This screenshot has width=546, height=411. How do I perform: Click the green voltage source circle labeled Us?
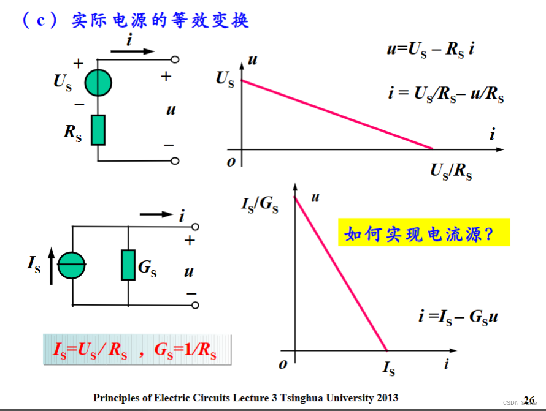pyautogui.click(x=98, y=83)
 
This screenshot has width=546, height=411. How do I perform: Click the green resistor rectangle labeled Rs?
pyautogui.click(x=98, y=130)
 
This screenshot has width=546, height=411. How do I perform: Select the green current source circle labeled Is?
pyautogui.click(x=72, y=266)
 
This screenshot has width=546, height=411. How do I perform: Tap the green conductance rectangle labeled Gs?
pyautogui.click(x=128, y=265)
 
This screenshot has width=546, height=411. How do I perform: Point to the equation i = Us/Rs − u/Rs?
pyautogui.click(x=445, y=94)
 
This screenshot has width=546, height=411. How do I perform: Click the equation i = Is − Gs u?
pyautogui.click(x=458, y=317)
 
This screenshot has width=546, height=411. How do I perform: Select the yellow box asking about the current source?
pyautogui.click(x=423, y=233)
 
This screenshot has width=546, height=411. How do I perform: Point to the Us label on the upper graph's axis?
pyautogui.click(x=225, y=79)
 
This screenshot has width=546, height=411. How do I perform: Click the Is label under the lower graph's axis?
pyautogui.click(x=388, y=369)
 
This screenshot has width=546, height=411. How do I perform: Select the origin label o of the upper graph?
pyautogui.click(x=231, y=162)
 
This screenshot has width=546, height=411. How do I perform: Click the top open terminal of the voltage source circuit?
pyautogui.click(x=175, y=60)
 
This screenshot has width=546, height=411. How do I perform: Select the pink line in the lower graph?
pyautogui.click(x=341, y=274)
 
